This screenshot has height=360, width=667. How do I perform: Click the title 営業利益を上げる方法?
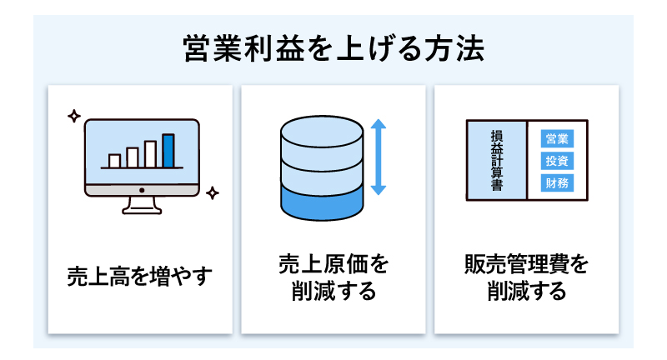pyautogui.click(x=333, y=47)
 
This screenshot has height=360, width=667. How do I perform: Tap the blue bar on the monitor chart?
pyautogui.click(x=168, y=150)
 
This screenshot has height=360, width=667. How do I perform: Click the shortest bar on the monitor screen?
pyautogui.click(x=114, y=160)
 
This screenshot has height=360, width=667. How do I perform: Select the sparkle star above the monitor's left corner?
pyautogui.click(x=73, y=116)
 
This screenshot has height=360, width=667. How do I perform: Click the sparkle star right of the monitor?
pyautogui.click(x=213, y=193)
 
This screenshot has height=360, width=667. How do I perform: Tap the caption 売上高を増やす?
pyautogui.click(x=140, y=275)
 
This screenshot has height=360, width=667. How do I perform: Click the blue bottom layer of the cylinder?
pyautogui.click(x=322, y=202)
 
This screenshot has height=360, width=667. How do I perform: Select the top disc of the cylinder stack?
pyautogui.click(x=322, y=132)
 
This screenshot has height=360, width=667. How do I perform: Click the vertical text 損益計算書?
pyautogui.click(x=497, y=160)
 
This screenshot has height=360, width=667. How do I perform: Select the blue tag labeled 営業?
pyautogui.click(x=556, y=138)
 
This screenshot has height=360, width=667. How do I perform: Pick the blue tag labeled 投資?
pyautogui.click(x=556, y=160)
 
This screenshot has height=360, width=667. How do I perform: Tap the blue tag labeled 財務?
pyautogui.click(x=556, y=182)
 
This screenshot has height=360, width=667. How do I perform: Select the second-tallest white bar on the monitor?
pyautogui.click(x=151, y=154)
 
